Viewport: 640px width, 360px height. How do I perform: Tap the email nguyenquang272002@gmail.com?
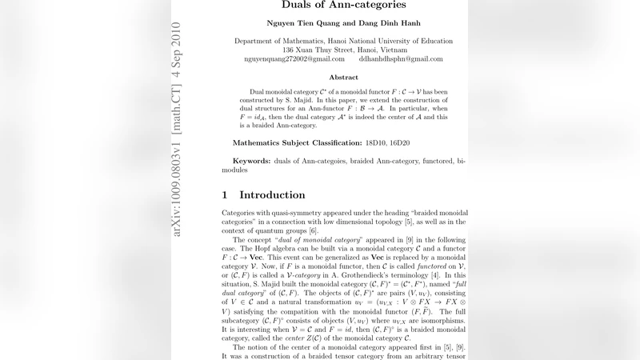[x=294, y=59]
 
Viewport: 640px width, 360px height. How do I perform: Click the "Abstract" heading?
[x=344, y=78]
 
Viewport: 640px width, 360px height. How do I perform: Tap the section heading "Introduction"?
[x=272, y=195]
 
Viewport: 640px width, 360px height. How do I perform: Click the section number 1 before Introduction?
[x=225, y=195]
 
